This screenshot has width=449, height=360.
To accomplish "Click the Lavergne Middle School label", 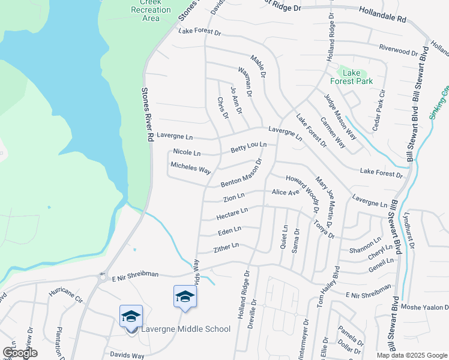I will tap(185, 329).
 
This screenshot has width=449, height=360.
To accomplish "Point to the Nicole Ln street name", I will tap(186, 152).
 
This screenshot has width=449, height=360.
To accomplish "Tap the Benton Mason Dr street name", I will tap(242, 173).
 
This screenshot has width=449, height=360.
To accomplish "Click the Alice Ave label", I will tap(285, 192).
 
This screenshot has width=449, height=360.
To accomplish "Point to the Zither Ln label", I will tap(226, 247).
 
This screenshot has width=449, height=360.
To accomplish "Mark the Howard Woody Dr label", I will tap(301, 194).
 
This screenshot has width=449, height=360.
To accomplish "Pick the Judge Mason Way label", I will tap(340, 113).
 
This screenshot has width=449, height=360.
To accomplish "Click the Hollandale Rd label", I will tap(382, 15).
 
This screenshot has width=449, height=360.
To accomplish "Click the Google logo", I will tap(20, 353).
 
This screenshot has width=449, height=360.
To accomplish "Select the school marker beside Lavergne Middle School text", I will tap(131, 316).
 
